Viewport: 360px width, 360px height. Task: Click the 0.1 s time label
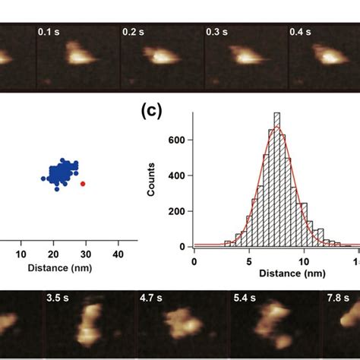coord(49,33)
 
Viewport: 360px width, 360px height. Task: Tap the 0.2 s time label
coord(133,33)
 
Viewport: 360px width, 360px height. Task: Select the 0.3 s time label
coord(217,33)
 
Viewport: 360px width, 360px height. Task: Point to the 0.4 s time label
coord(301,33)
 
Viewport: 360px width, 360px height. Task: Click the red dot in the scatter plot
coord(83,183)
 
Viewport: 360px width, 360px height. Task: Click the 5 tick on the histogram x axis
coord(250,261)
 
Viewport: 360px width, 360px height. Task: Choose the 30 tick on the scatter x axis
coord(86,254)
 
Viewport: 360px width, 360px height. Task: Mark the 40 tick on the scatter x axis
coord(118,254)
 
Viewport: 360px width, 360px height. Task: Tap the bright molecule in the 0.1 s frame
coord(77,54)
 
